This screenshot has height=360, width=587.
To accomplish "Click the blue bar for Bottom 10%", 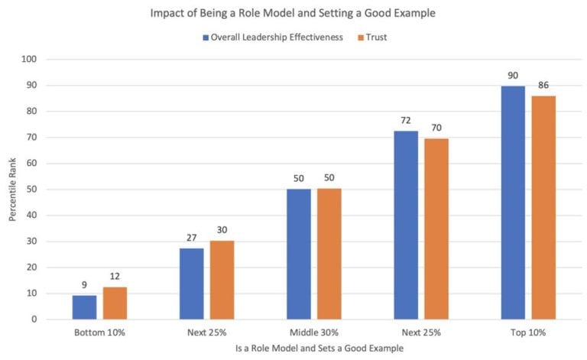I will [85, 307].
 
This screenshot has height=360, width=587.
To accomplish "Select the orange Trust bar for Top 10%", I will [543, 207].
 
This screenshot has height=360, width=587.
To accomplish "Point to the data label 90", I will [513, 76].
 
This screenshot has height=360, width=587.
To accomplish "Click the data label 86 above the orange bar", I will [543, 86].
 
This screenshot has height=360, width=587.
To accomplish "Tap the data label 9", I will [85, 285].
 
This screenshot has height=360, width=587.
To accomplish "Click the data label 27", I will [192, 238].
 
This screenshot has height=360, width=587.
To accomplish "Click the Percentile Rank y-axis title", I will [14, 189].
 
